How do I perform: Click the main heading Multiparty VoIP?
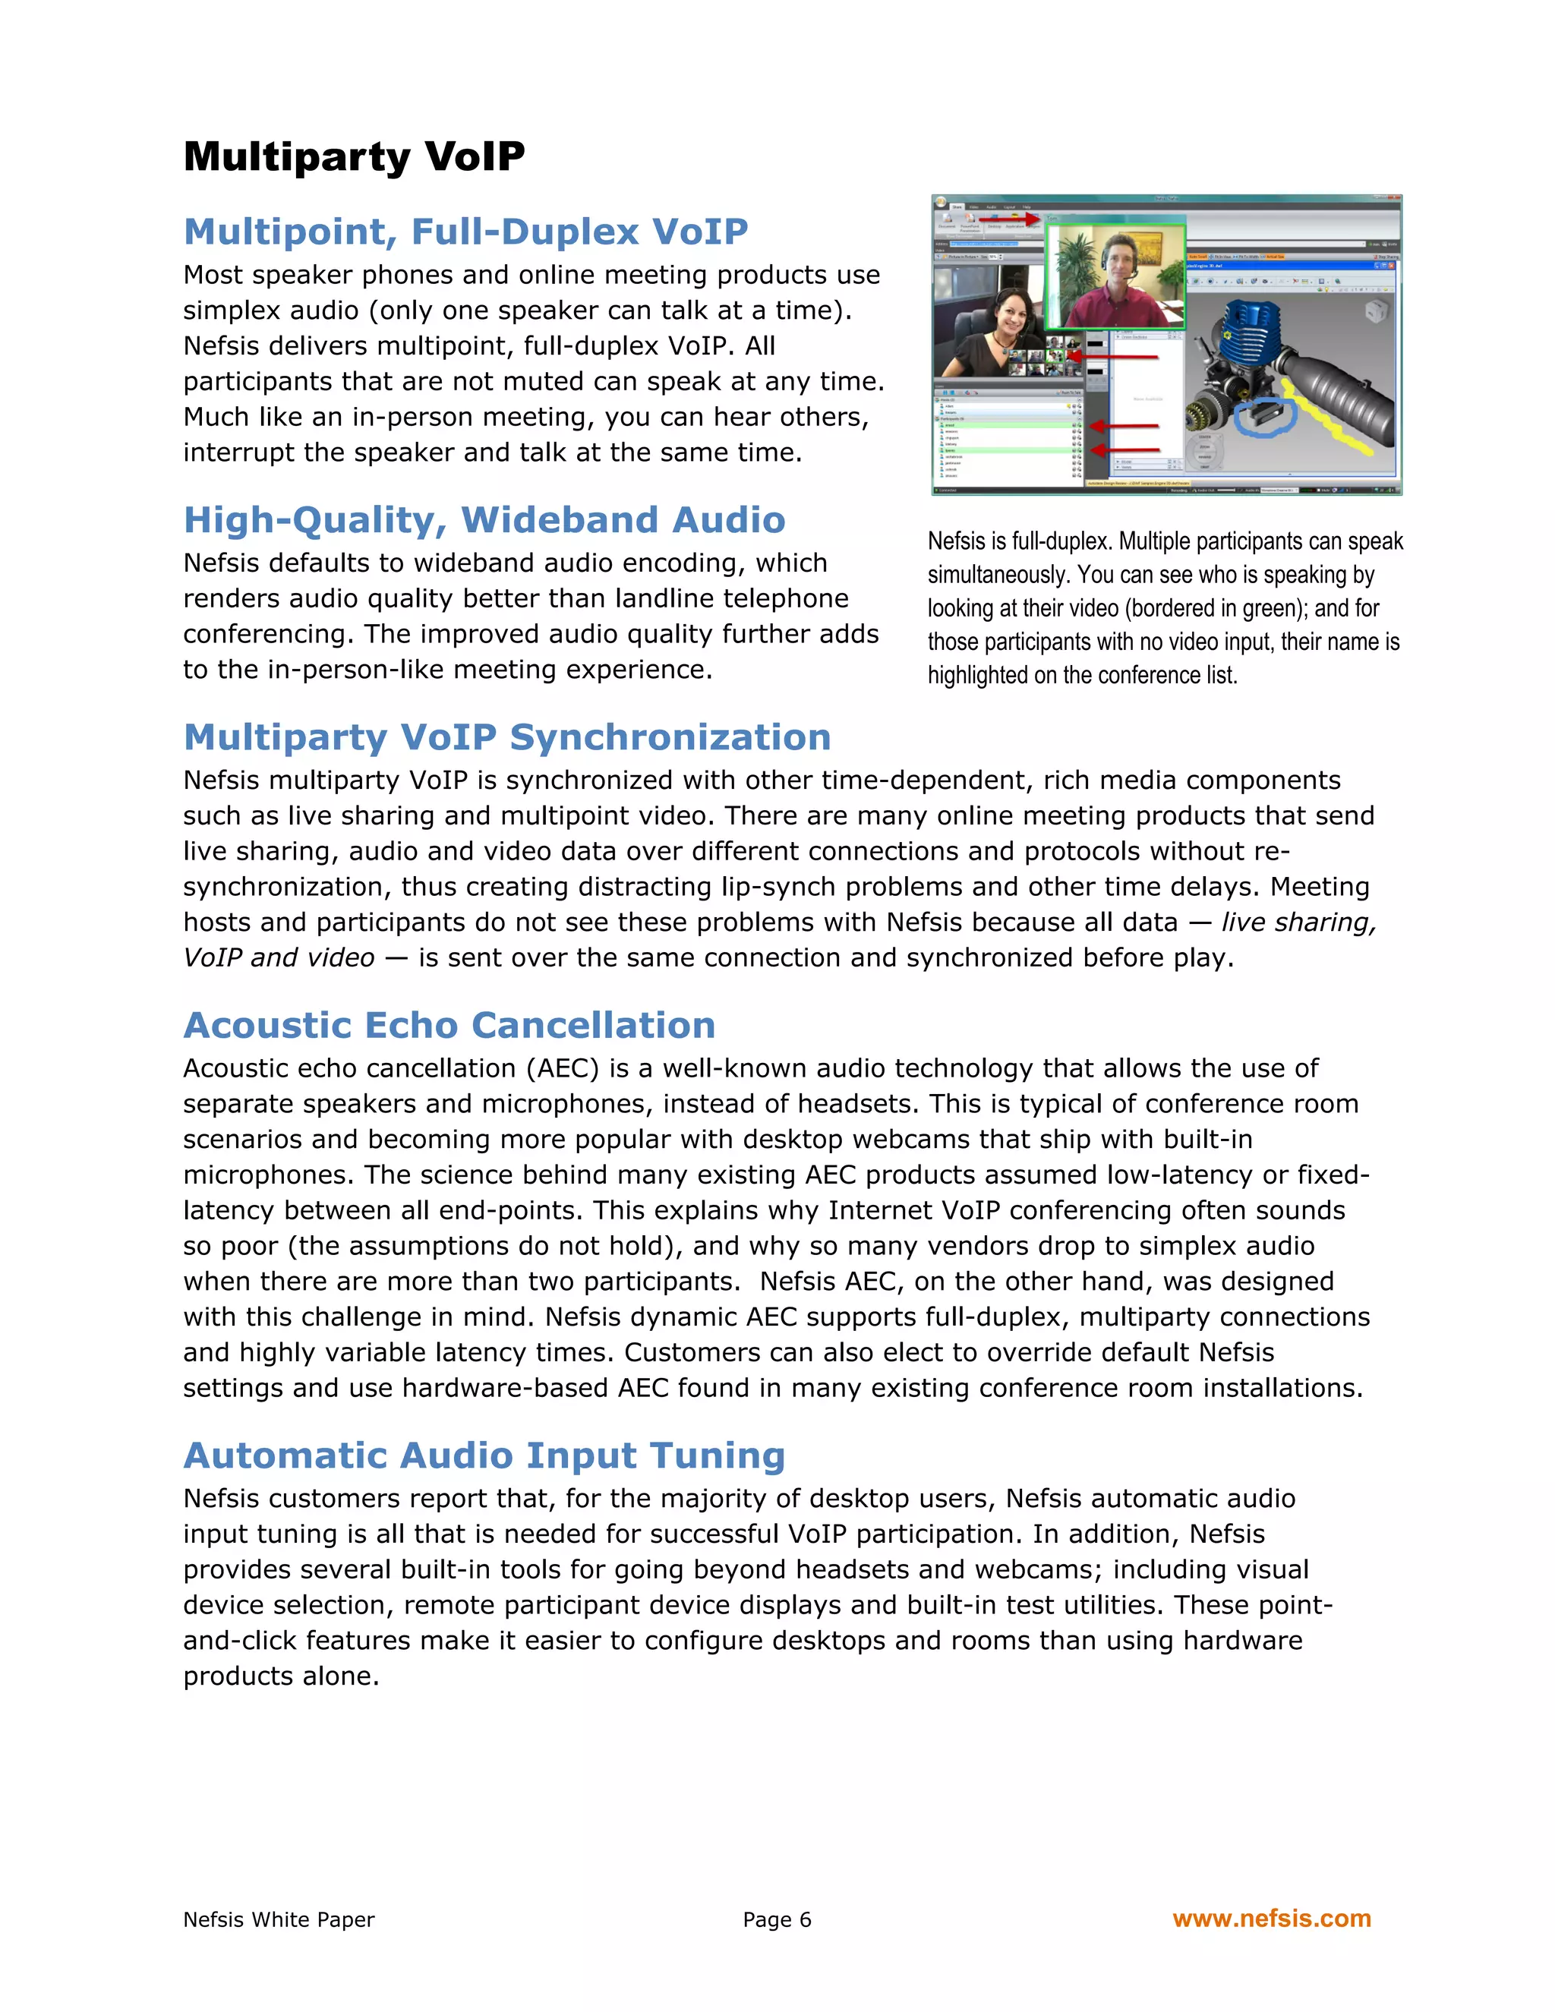pos(354,156)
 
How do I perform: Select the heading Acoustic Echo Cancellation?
pos(449,1025)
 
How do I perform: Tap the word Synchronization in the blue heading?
pos(670,737)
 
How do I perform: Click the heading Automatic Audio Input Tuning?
pos(484,1455)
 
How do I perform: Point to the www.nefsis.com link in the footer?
pos(1271,1919)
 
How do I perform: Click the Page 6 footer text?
pos(777,1920)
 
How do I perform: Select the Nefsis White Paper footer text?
pos(278,1920)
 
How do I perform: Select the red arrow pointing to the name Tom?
pos(1009,219)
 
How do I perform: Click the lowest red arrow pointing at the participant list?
pos(1124,449)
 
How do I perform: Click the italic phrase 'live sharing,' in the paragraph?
pos(1298,922)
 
